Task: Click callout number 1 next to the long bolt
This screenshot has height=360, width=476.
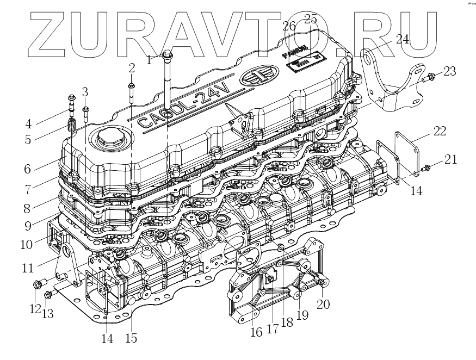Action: [149, 60]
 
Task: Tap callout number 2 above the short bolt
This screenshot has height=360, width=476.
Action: [132, 68]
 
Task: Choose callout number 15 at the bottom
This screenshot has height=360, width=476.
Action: [131, 338]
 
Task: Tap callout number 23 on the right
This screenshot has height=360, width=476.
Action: [449, 71]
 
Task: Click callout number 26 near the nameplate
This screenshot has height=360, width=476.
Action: [289, 26]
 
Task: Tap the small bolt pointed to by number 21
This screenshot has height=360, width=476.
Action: [426, 166]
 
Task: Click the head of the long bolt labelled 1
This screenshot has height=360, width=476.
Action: [167, 54]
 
